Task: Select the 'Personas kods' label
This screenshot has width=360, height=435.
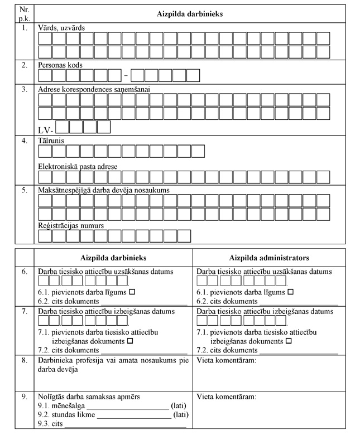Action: click(60, 65)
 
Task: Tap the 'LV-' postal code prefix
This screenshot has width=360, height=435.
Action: click(46, 130)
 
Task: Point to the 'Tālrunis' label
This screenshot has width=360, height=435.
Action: click(51, 141)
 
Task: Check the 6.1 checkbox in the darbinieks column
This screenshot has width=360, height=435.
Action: click(133, 292)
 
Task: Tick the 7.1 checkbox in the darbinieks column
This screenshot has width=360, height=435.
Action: click(129, 340)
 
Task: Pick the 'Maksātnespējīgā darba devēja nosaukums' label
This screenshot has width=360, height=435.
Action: click(103, 190)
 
